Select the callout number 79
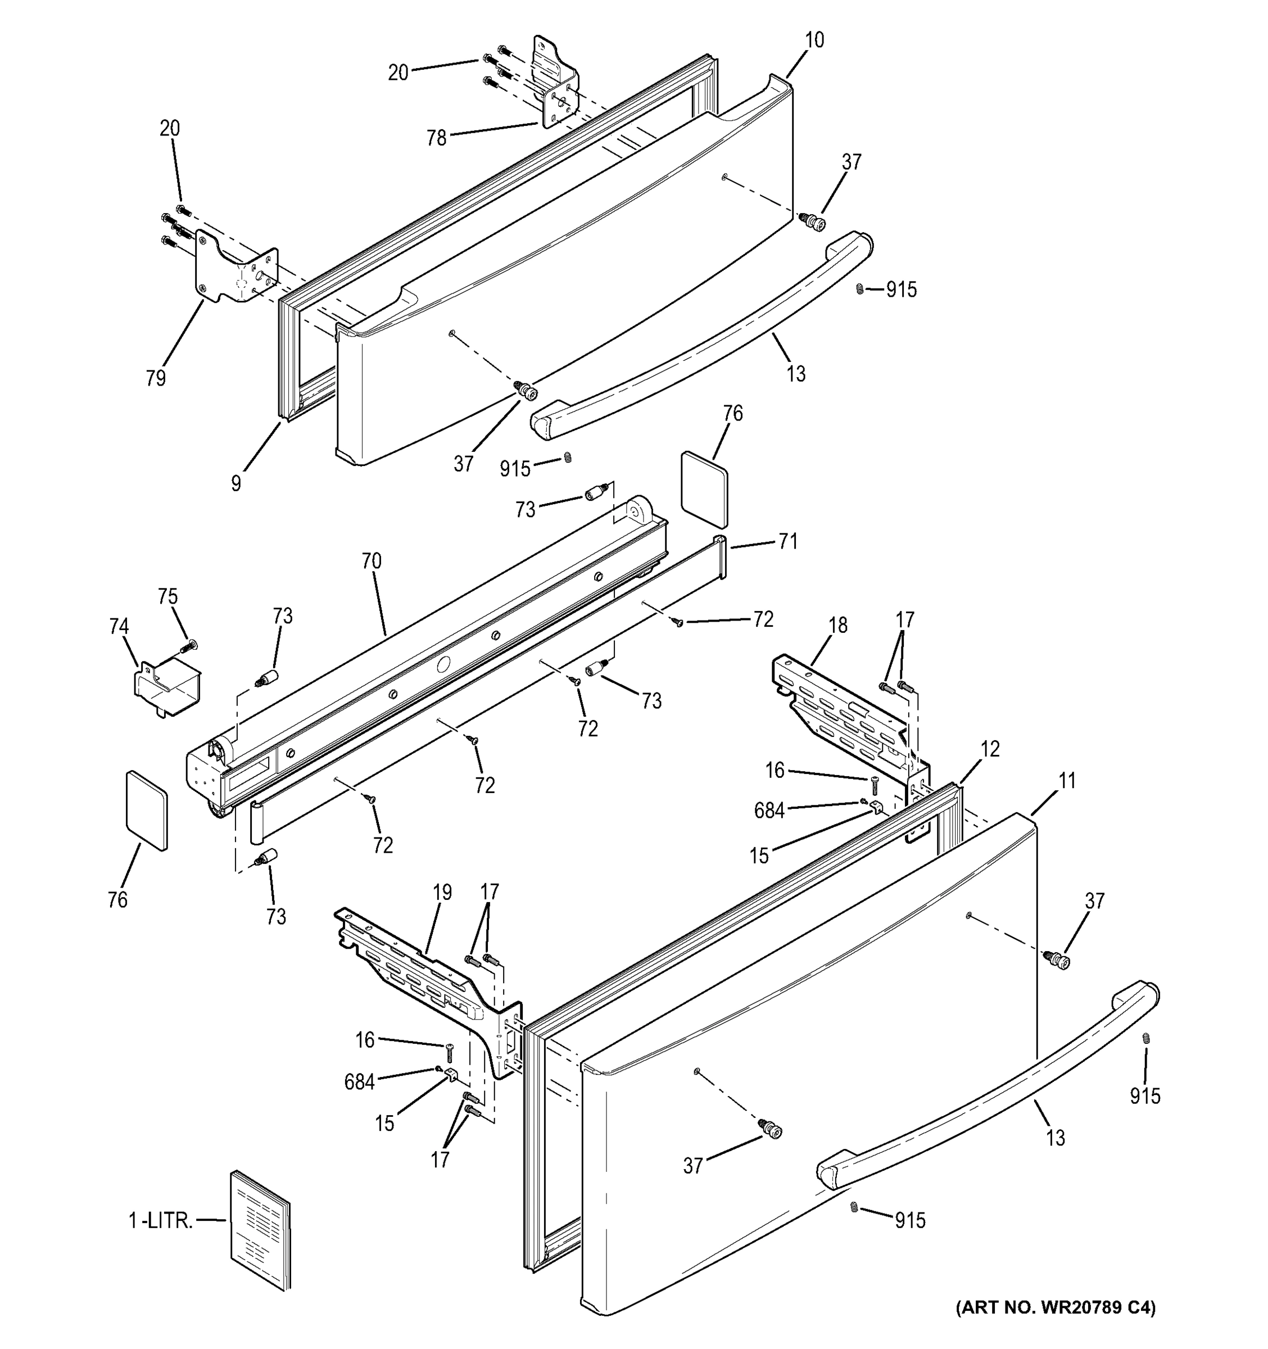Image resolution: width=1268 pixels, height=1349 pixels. (155, 378)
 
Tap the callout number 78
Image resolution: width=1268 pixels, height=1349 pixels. (436, 138)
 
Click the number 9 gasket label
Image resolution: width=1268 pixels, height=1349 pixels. (236, 484)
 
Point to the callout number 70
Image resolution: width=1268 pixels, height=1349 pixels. (371, 561)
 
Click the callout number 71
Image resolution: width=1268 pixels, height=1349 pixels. (787, 541)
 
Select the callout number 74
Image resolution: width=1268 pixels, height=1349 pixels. (119, 626)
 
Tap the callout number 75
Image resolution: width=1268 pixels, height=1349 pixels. (167, 596)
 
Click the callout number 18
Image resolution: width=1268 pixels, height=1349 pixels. (838, 625)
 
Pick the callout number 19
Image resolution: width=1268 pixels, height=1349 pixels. (442, 893)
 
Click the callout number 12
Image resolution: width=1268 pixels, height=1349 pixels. (990, 749)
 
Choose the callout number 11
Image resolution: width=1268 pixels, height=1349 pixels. (1067, 781)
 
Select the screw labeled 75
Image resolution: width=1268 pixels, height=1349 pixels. (189, 646)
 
